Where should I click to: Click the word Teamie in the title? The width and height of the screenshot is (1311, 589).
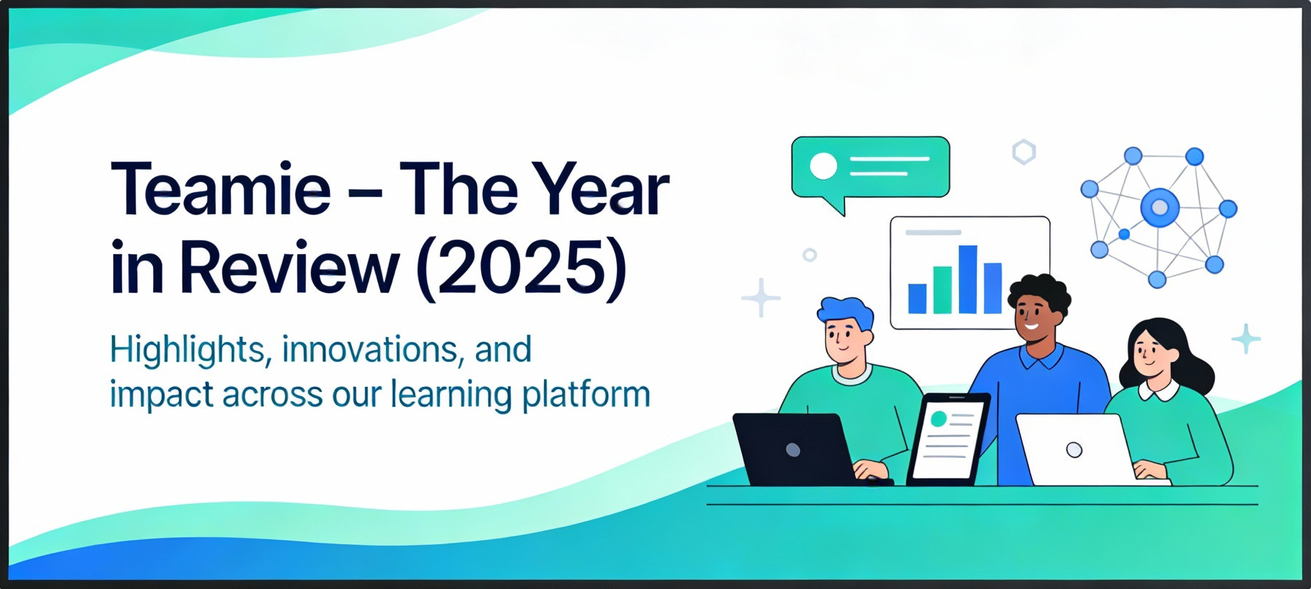220,190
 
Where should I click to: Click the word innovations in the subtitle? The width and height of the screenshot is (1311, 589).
369,350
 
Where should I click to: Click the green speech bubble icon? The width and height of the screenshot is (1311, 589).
870,167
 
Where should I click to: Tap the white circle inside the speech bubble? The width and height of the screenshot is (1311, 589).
823,165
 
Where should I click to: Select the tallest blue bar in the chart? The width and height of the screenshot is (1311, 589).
968,279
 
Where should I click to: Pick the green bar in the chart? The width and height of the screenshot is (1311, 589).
942,289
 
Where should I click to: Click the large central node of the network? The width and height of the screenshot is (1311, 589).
1159,208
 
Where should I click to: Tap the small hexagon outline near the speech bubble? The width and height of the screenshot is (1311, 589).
1023,152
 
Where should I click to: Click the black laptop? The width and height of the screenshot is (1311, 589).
794,450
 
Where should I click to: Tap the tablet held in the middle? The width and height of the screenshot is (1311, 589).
947,438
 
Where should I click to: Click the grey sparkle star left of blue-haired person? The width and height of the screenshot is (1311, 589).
760,297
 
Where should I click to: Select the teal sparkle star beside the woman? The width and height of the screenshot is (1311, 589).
1245,339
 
